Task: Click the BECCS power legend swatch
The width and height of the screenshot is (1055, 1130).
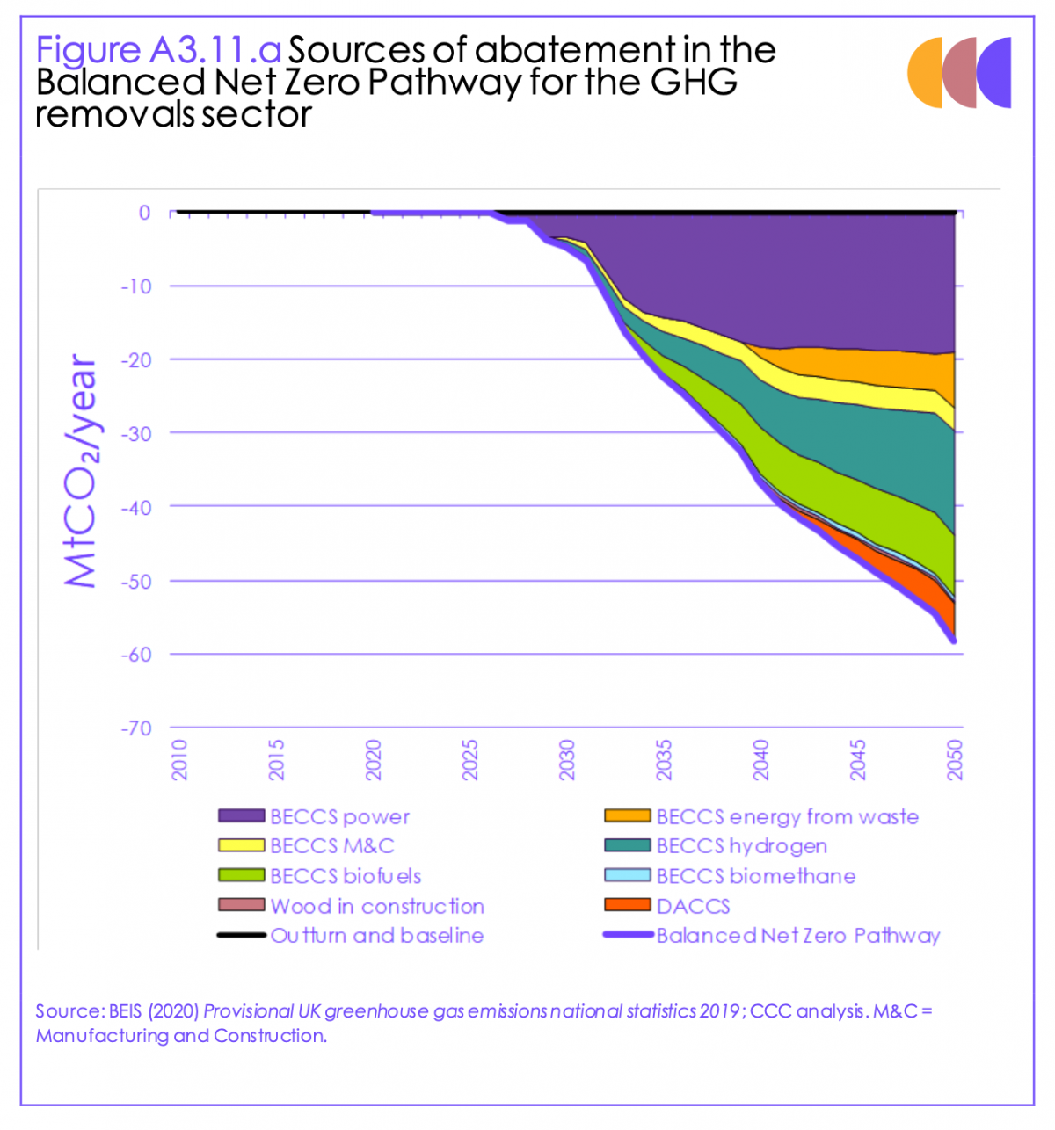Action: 241,816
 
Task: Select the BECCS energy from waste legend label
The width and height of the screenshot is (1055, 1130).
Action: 787,816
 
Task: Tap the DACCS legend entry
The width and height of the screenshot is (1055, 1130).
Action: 693,906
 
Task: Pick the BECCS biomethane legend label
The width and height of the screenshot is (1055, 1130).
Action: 755,876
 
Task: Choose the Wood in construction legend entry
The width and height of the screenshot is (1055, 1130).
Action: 376,906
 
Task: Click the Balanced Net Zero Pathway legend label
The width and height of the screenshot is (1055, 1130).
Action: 797,936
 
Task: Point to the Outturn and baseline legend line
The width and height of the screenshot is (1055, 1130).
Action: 241,936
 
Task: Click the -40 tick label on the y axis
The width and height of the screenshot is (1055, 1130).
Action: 135,507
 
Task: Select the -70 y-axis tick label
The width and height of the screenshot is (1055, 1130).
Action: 135,728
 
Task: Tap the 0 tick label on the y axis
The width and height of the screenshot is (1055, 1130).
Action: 144,213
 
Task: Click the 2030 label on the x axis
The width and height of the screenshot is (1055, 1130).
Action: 567,759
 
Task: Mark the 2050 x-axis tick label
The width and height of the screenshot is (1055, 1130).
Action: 955,759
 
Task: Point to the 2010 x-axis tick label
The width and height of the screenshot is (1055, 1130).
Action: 179,759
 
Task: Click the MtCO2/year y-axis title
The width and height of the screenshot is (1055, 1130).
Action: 81,470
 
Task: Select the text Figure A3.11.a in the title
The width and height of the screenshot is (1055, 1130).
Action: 158,50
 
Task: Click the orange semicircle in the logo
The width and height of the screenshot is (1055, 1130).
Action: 926,73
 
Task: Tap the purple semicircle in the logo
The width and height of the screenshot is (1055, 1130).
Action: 996,73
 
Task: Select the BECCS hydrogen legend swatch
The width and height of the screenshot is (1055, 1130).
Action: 627,846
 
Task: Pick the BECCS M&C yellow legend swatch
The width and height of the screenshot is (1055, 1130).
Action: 241,846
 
